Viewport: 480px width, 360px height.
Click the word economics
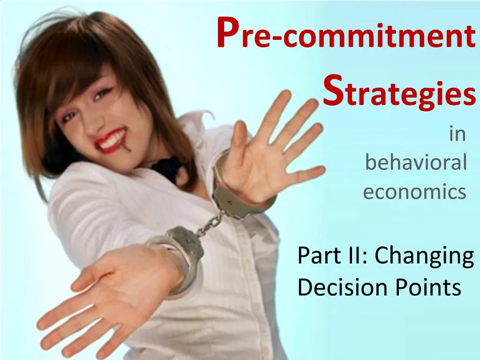click(x=414, y=192)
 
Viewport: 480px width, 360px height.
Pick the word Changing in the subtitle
click(x=424, y=257)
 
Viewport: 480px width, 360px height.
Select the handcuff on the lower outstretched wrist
click(x=180, y=253)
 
